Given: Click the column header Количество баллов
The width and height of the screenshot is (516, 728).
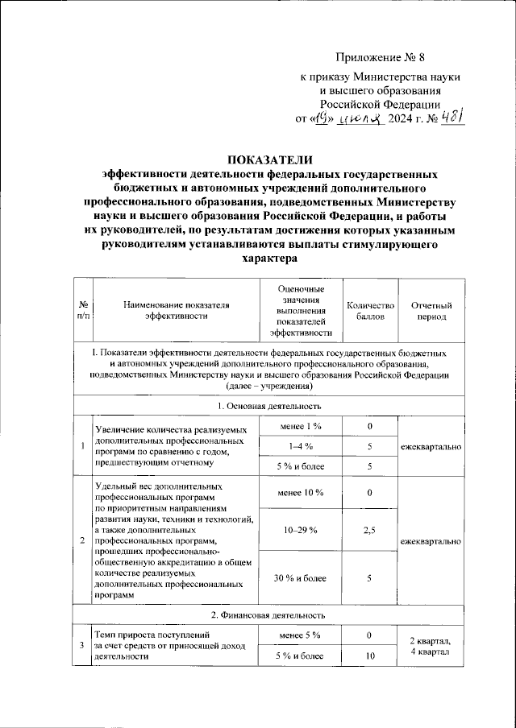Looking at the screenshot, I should pyautogui.click(x=370, y=311).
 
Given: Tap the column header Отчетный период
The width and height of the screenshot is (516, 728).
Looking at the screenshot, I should pyautogui.click(x=431, y=311).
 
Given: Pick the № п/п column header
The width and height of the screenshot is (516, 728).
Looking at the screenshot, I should pyautogui.click(x=83, y=311).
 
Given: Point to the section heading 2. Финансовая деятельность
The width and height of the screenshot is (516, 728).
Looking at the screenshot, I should pyautogui.click(x=269, y=615).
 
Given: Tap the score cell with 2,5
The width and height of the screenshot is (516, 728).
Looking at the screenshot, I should pyautogui.click(x=370, y=531).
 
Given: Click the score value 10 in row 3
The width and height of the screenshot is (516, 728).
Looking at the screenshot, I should pyautogui.click(x=370, y=656).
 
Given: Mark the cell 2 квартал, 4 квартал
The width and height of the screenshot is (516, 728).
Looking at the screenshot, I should pyautogui.click(x=431, y=646).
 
